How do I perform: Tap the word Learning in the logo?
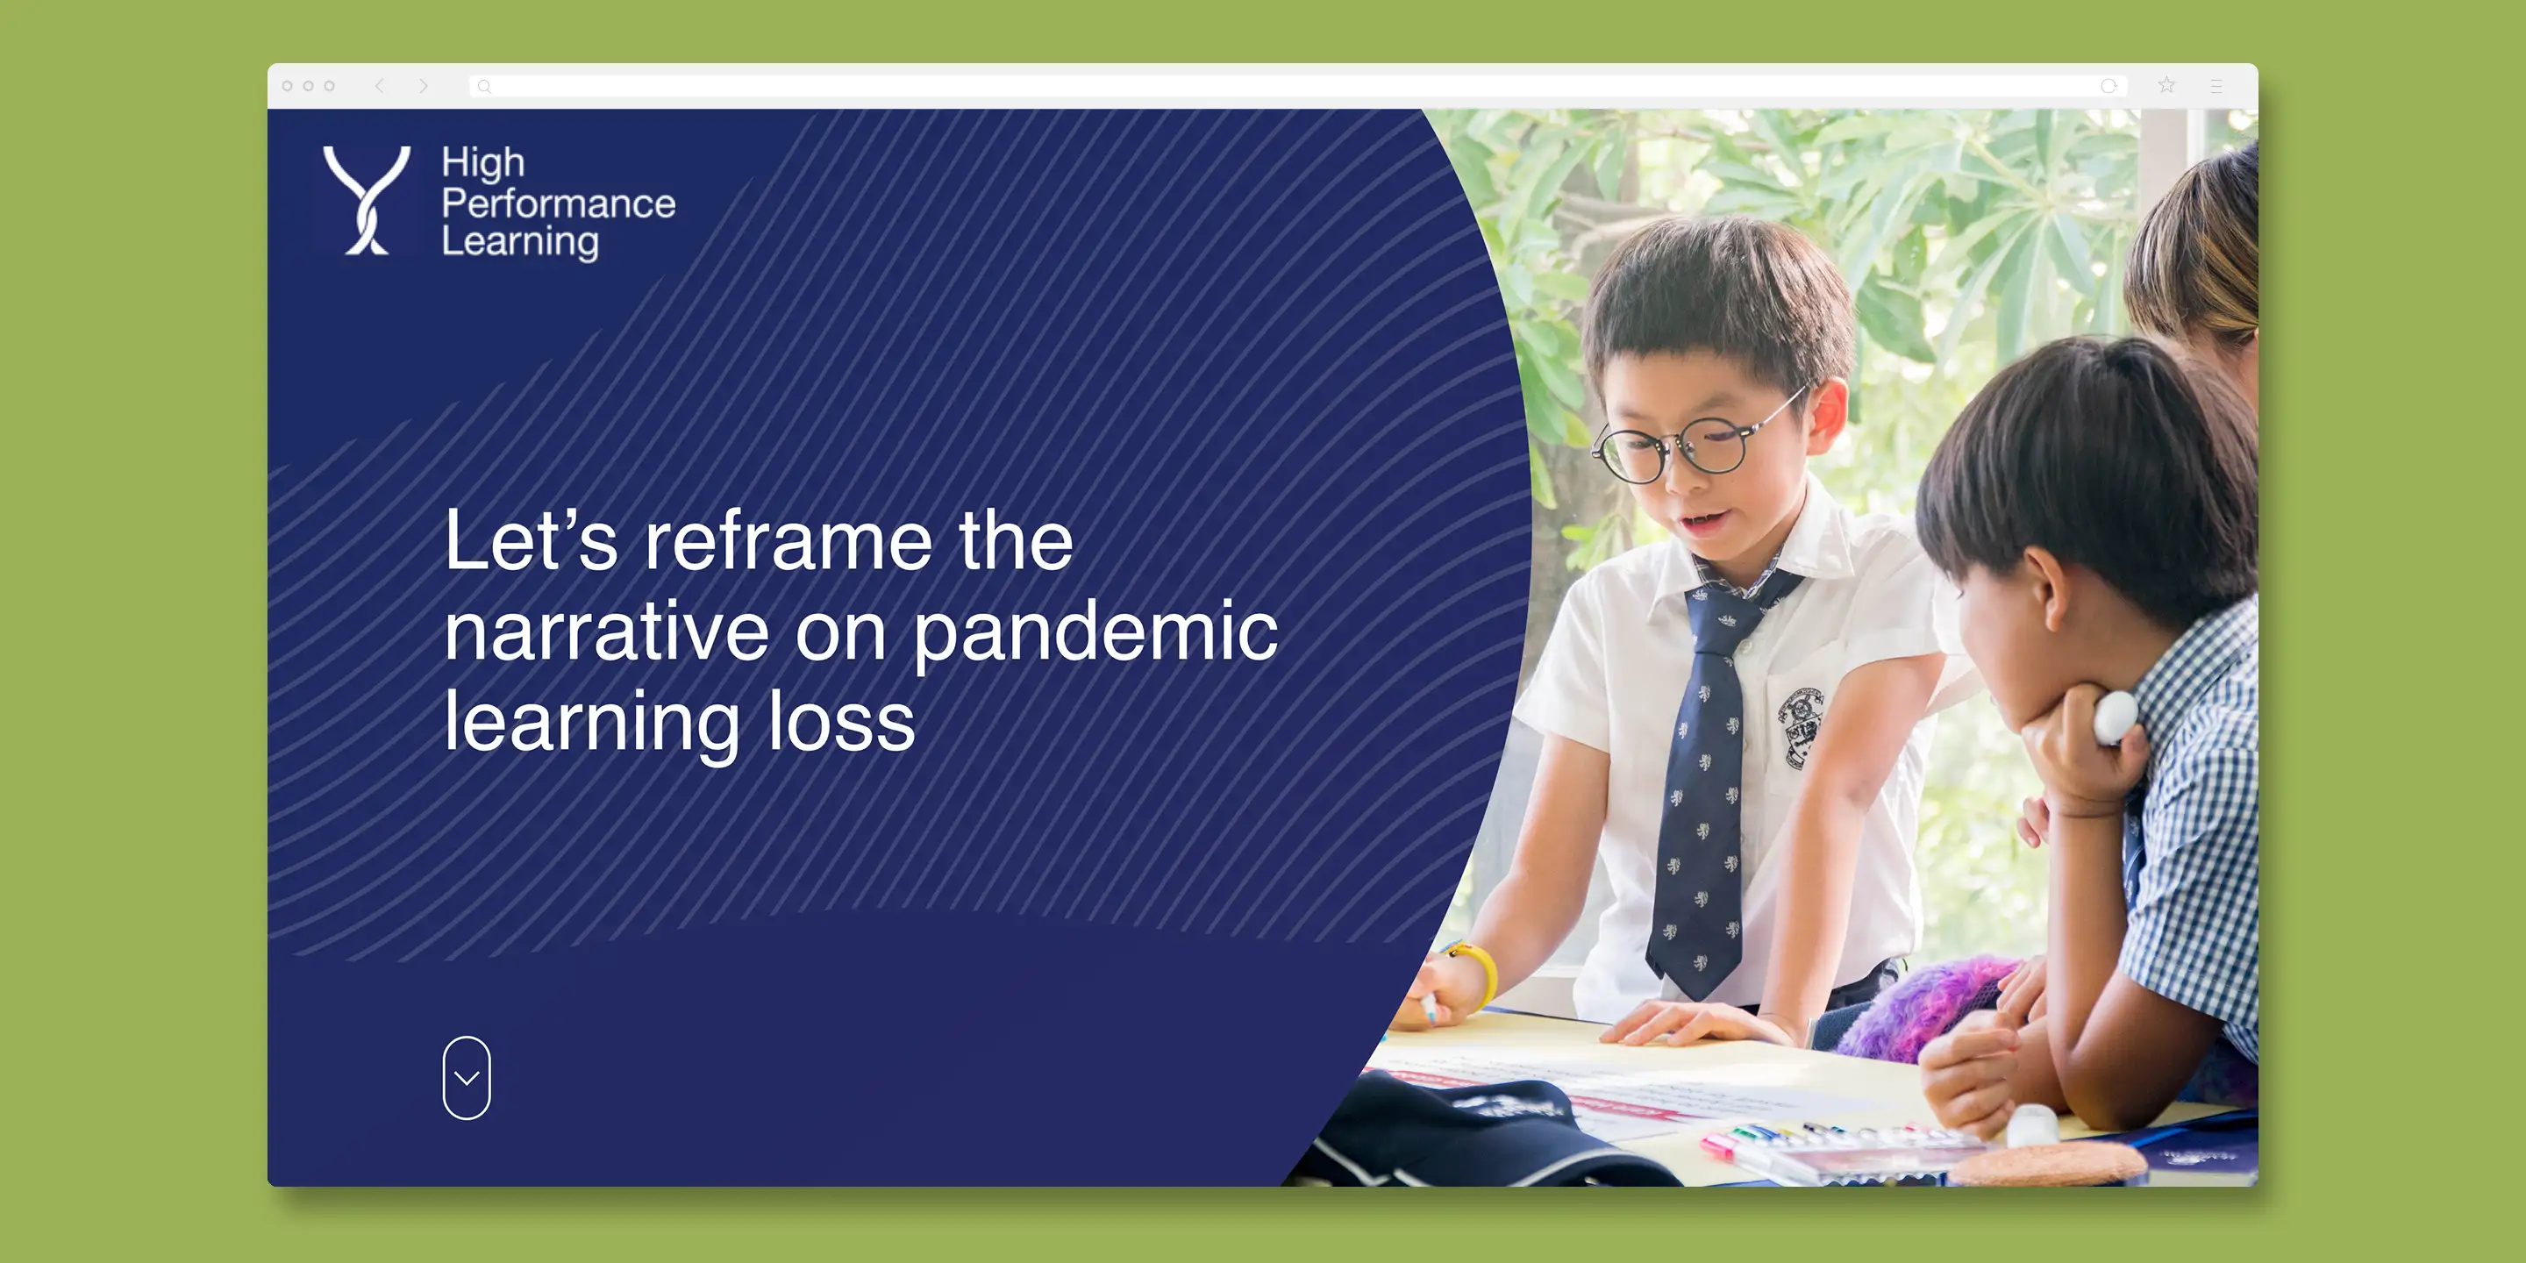point(520,242)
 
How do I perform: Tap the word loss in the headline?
point(841,721)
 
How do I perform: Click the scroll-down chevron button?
point(467,1078)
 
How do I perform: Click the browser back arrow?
point(380,86)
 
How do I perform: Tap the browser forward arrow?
point(424,86)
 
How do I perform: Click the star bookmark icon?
point(2166,85)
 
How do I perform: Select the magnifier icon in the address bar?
point(483,86)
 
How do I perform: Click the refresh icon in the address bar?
point(2109,86)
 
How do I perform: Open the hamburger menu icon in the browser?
point(2216,86)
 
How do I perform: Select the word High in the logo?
point(483,164)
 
